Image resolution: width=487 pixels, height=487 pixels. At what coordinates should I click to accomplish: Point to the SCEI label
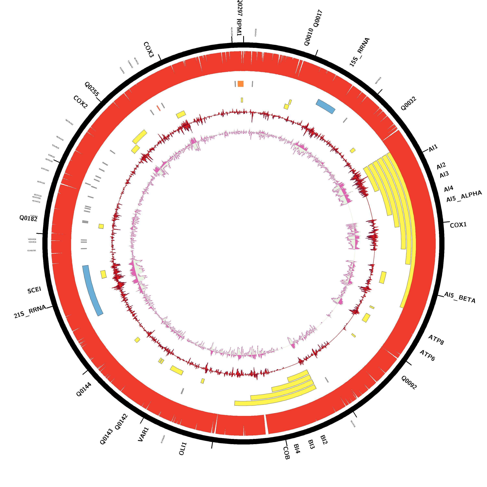[34, 290]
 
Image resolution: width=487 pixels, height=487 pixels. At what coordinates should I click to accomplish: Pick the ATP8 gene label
[436, 340]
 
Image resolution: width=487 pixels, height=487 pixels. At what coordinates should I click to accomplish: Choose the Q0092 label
[409, 382]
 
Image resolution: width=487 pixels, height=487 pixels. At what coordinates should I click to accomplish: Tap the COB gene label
[286, 453]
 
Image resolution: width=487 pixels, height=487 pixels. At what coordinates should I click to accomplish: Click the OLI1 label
[183, 449]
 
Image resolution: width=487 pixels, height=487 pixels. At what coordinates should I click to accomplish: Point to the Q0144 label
[84, 389]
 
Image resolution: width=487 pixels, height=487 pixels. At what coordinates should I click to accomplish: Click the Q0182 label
[28, 218]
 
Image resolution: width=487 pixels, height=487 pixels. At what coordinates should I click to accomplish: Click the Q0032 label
[408, 104]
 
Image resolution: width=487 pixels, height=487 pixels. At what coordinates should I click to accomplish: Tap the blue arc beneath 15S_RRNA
[325, 106]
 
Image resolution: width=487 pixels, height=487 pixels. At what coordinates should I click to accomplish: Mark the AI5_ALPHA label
[464, 196]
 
